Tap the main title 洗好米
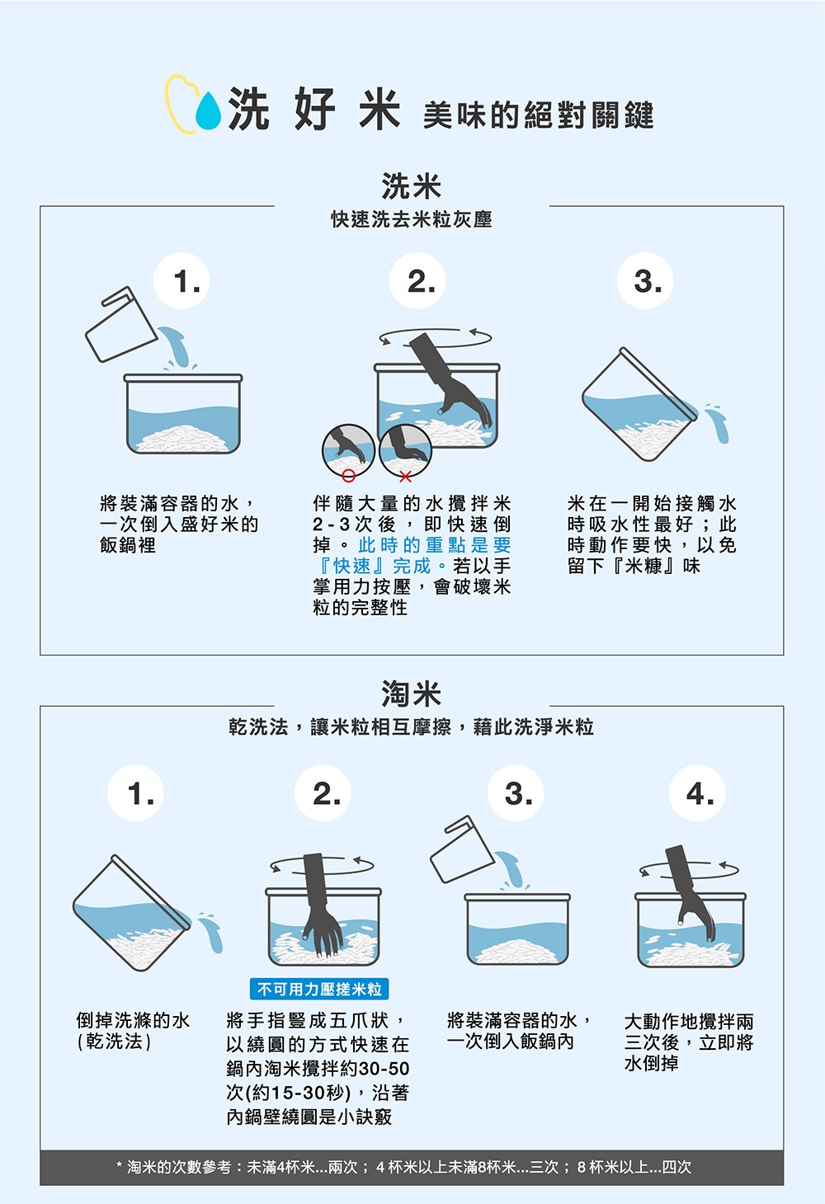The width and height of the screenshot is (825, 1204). [x=313, y=110]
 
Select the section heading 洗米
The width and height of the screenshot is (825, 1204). [x=411, y=186]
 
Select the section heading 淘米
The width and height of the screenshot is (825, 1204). [x=411, y=694]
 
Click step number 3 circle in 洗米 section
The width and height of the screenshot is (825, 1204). [x=647, y=282]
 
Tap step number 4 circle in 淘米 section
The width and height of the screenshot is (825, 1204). [x=700, y=794]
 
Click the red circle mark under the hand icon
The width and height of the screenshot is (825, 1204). [x=349, y=476]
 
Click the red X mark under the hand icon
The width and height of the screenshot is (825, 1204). [x=404, y=477]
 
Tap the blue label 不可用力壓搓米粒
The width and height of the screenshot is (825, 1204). [x=319, y=989]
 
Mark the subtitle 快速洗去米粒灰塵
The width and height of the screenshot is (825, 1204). [x=411, y=219]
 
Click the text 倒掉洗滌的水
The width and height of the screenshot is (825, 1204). [x=133, y=1020]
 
